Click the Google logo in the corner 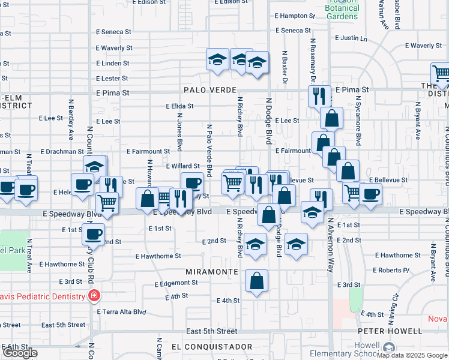(20, 353)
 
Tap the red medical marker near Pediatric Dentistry (94, 295)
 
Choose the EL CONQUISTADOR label (211, 347)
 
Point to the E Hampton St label (294, 16)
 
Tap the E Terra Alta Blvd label (122, 312)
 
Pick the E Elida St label (180, 106)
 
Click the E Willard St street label (182, 166)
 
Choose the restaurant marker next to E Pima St (319, 95)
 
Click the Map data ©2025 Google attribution (412, 355)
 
